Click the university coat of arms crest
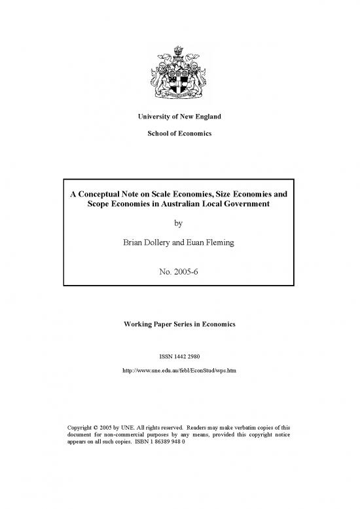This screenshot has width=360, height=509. [x=180, y=72]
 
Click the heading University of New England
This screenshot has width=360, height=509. [x=180, y=117]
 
